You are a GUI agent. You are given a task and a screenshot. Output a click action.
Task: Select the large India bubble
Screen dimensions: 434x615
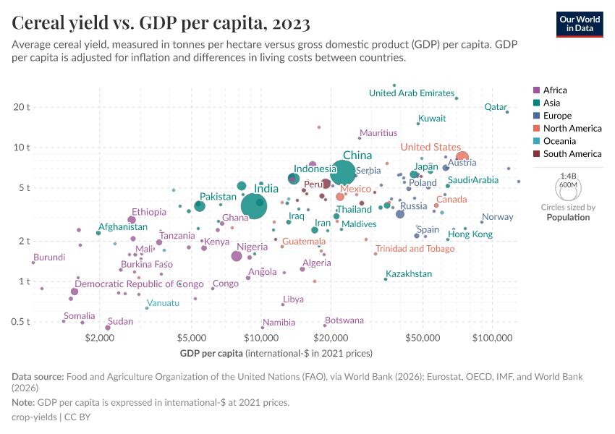[x=254, y=207]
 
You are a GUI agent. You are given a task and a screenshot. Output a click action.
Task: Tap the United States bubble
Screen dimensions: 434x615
[x=462, y=158]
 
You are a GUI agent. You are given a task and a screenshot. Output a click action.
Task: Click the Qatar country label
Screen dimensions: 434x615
[x=496, y=107]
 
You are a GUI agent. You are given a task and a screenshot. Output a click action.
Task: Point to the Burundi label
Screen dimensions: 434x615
[x=49, y=258]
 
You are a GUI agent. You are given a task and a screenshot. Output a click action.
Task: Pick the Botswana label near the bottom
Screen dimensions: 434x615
[x=344, y=320]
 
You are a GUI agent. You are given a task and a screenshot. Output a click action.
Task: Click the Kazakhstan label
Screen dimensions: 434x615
[x=409, y=274]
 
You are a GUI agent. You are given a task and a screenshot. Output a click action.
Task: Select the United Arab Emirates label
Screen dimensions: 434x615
[x=411, y=93]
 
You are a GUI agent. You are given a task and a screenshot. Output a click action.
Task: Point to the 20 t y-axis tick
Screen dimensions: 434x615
[x=22, y=107]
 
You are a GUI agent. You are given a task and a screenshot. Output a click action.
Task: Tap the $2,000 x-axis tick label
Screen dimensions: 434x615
[x=99, y=338]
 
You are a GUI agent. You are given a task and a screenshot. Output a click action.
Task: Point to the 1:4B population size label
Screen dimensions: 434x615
[x=569, y=176]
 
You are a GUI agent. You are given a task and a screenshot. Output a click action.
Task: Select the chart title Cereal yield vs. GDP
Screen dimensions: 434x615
[x=161, y=23]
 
